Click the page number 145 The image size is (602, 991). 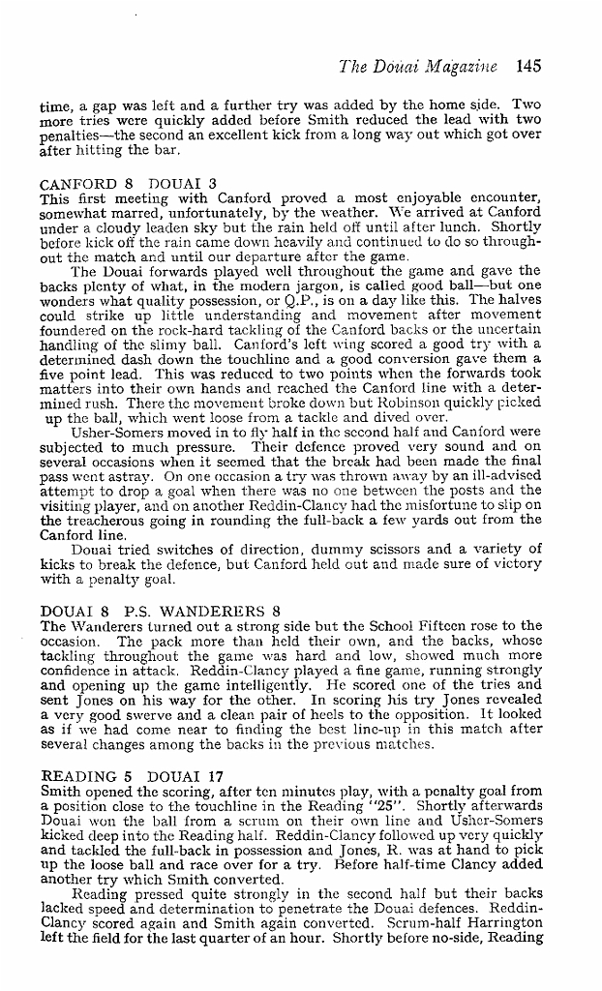(x=528, y=67)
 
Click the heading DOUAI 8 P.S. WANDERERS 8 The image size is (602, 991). (x=161, y=611)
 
